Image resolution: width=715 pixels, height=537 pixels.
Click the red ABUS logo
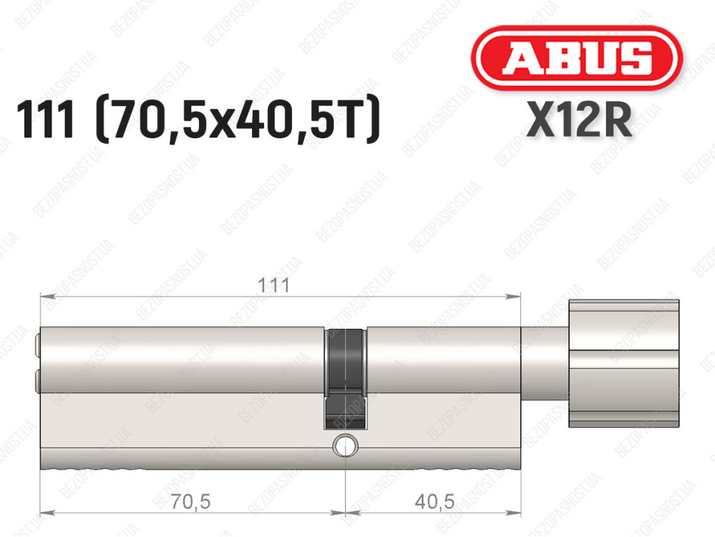(576, 58)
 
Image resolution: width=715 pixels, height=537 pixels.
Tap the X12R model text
(579, 120)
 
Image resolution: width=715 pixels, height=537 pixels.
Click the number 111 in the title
(45, 119)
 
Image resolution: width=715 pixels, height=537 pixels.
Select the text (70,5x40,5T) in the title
(237, 120)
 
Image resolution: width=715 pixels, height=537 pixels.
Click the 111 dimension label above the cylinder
(274, 286)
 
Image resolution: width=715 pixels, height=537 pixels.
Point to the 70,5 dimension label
(190, 502)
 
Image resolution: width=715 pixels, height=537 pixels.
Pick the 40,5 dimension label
(434, 502)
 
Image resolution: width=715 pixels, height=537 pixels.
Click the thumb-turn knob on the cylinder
(624, 363)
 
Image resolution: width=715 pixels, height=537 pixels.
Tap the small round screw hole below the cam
(345, 446)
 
